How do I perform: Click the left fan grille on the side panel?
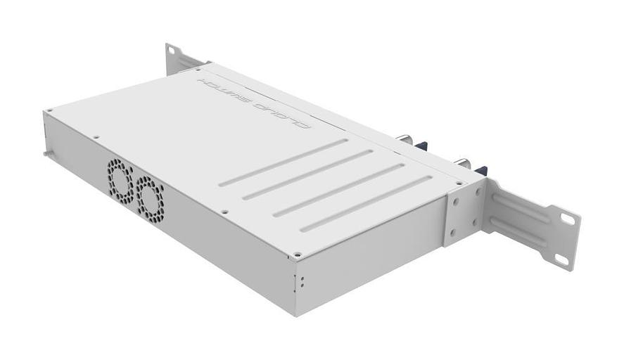click(120, 179)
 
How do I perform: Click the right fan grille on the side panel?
click(149, 195)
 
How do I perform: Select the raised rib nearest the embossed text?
click(284, 162)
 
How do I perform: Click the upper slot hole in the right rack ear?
click(567, 219)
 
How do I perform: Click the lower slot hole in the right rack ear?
click(561, 259)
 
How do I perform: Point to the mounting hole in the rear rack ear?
click(172, 54)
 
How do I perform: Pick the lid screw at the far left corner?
click(50, 112)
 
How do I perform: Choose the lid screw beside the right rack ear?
click(459, 184)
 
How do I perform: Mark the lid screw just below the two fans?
click(224, 212)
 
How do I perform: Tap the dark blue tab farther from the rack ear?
click(421, 146)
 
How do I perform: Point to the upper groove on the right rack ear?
click(521, 207)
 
